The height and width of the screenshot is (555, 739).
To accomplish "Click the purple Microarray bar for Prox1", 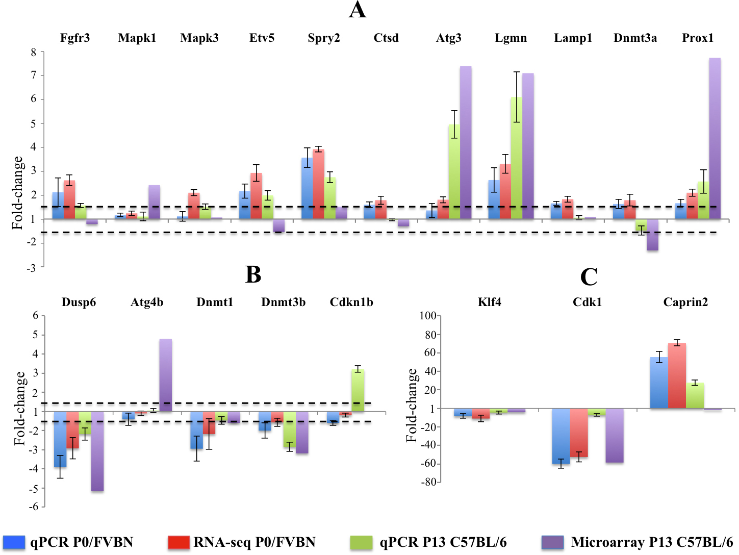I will [715, 138].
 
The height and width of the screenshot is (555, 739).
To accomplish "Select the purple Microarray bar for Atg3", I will [466, 142].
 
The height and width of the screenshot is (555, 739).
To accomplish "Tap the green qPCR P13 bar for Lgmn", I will [516, 158].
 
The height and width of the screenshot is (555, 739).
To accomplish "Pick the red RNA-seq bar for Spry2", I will [319, 184].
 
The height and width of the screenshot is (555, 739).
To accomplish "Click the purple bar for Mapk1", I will [154, 202].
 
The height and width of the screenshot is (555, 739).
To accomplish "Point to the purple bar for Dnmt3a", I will [652, 235].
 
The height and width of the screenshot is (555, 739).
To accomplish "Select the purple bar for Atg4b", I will [165, 375].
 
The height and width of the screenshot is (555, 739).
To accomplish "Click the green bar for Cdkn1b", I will [358, 390].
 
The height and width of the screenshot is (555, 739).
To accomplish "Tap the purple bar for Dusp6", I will [97, 451].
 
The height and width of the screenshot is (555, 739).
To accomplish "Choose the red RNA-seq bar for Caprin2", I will [677, 375].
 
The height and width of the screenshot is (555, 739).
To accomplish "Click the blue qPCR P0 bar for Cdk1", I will [560, 436].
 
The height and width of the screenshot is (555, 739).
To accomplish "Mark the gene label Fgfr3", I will [75, 38].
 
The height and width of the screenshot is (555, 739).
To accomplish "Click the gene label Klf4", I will [489, 302].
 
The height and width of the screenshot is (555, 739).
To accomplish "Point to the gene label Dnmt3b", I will [283, 302].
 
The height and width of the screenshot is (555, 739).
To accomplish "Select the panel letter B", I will [253, 274].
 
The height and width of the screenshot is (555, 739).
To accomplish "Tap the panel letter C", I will [589, 277].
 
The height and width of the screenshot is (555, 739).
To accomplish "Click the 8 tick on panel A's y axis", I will [34, 52].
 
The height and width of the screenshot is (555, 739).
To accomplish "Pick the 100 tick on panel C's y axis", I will [427, 316].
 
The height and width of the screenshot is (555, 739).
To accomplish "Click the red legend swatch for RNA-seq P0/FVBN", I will [178, 542].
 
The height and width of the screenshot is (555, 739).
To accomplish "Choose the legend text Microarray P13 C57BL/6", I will [652, 542].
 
